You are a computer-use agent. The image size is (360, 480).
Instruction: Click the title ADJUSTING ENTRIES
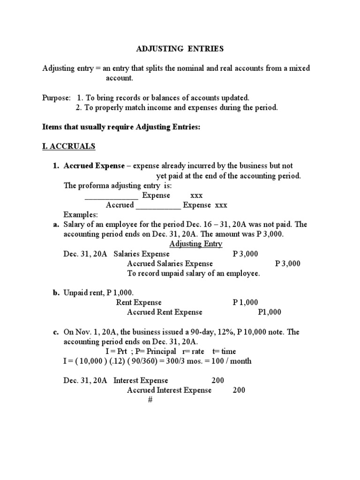coord(173,49)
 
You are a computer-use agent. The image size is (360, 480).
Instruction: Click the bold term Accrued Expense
coord(94,166)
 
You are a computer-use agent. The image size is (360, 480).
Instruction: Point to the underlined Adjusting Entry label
coord(195,244)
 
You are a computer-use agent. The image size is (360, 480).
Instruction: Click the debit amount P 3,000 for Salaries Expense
coord(245,254)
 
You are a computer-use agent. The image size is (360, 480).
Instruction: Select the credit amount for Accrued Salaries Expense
coord(288,263)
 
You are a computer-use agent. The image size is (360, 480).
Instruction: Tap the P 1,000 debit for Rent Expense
coord(245,302)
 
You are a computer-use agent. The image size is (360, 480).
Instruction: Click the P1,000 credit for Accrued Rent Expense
coord(270,312)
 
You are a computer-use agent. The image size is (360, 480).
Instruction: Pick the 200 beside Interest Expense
coord(218,380)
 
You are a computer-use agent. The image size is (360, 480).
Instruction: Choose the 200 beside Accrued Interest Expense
coord(239,390)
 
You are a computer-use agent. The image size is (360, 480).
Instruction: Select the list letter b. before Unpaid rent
coord(55,292)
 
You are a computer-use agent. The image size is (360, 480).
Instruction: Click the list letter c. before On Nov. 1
coord(55,332)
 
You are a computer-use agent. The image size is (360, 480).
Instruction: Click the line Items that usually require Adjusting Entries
coord(121,127)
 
